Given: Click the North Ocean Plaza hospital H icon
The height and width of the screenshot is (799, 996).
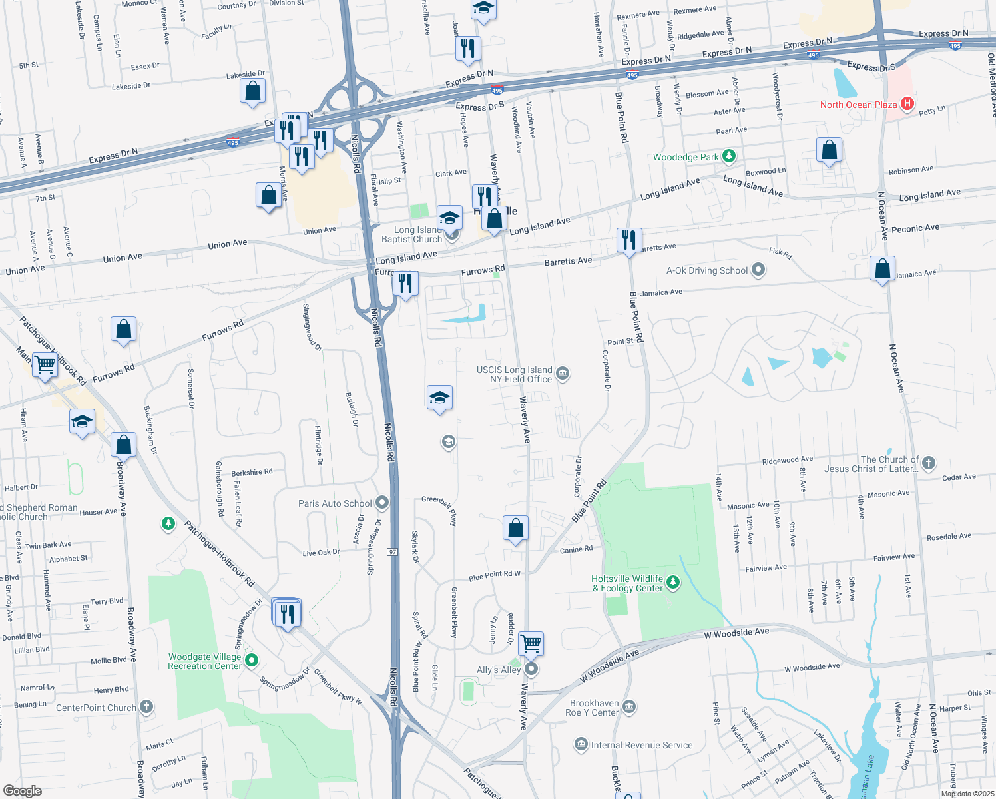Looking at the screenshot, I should (x=907, y=104).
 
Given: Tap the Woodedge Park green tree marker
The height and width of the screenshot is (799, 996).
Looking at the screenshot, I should (x=729, y=157).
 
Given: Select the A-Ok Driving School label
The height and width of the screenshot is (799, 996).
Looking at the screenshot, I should (x=707, y=270).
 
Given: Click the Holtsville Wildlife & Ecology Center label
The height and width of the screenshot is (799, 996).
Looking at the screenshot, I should (x=628, y=583).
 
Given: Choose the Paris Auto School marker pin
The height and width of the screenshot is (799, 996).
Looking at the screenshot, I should (x=381, y=503).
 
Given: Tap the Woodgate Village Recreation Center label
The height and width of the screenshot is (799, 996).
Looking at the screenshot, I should (x=204, y=661).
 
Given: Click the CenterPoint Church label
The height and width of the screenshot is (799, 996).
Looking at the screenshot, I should (x=96, y=708).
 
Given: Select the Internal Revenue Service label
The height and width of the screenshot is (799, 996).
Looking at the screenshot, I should (x=642, y=745).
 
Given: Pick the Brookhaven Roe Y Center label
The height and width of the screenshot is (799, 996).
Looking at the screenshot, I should (x=592, y=708).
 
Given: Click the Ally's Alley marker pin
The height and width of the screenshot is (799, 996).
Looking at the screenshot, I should (x=531, y=668).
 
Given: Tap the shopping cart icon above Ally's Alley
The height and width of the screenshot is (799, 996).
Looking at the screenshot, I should (x=531, y=643).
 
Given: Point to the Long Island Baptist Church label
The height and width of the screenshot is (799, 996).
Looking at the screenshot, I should (x=411, y=234).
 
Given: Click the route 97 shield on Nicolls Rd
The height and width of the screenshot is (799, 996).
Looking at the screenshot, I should (x=393, y=552).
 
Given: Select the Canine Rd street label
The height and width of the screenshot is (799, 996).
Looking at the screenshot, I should (x=576, y=549).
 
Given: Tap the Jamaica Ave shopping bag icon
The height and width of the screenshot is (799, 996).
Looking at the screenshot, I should (x=882, y=269).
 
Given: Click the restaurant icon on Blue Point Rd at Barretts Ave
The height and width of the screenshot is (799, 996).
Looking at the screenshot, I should (x=629, y=240).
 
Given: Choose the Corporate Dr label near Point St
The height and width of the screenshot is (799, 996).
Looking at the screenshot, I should (x=606, y=370).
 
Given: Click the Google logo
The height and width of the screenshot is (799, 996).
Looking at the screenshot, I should (x=22, y=791).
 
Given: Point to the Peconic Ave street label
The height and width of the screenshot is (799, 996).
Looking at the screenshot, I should (x=915, y=228).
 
